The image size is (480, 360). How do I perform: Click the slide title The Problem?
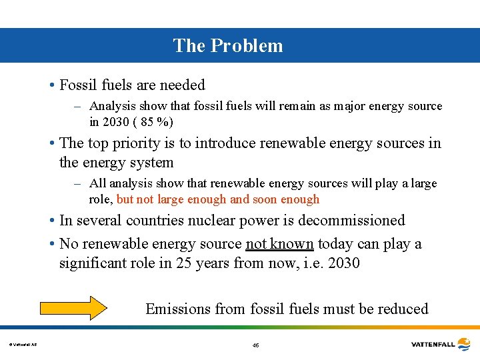coord(228,45)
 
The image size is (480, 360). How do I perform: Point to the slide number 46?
coord(256,345)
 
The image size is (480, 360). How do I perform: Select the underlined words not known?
coord(279,244)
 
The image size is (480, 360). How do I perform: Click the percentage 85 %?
coord(158,123)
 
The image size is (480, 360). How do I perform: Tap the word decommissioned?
coord(351,220)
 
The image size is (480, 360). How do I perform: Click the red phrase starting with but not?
coord(218,199)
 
